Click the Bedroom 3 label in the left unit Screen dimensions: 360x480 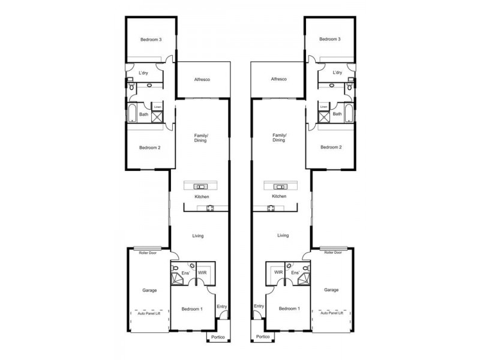coord(151,40)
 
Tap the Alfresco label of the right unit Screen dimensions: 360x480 coord(279,79)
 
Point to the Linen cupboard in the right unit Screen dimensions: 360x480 coord(323,107)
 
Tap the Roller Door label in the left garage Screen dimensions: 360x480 coord(148,253)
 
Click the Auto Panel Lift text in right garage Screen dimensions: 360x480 coord(332,313)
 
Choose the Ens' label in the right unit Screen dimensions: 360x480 coord(295,272)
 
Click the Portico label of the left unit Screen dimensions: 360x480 coord(217,337)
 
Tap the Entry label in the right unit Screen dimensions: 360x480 coord(259,306)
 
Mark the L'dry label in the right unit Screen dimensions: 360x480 coord(337,73)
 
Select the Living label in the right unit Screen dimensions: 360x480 coord(283,236)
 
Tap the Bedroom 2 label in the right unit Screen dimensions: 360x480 coord(329,147)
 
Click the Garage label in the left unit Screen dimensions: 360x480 coord(149,290)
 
